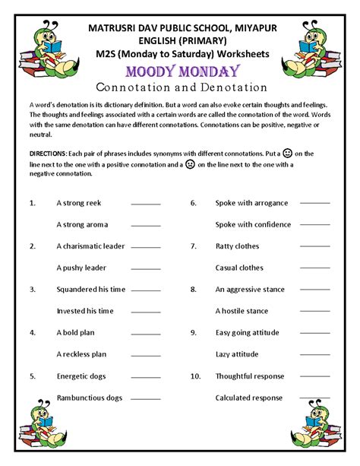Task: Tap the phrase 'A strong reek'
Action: click(x=79, y=203)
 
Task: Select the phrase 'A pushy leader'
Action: click(x=81, y=268)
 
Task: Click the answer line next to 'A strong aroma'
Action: click(x=146, y=226)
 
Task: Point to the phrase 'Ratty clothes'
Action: click(x=237, y=246)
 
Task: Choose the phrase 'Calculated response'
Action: click(x=249, y=398)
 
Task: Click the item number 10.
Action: click(x=194, y=376)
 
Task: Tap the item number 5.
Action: click(x=32, y=376)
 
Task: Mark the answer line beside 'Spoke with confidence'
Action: click(x=315, y=226)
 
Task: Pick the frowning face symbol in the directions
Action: click(x=189, y=163)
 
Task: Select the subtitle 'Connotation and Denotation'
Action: click(x=179, y=86)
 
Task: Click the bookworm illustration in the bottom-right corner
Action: click(x=314, y=426)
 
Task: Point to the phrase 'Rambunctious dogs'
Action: click(x=90, y=398)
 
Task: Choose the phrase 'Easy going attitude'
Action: click(x=248, y=333)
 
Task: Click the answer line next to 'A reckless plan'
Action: click(x=146, y=355)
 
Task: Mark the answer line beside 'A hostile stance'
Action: click(x=315, y=312)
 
